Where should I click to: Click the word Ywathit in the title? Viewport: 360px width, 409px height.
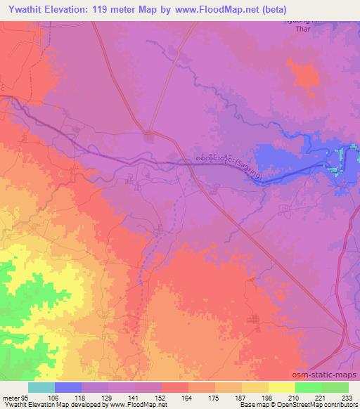25,10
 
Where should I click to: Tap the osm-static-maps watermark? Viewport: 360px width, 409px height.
329,375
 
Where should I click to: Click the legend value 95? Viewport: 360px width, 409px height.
26,397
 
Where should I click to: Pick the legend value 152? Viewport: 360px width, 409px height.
160,397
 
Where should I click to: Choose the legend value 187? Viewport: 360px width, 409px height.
240,397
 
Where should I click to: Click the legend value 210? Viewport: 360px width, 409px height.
294,397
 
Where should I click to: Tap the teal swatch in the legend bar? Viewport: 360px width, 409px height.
41,387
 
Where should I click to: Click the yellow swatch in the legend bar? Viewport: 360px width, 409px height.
282,387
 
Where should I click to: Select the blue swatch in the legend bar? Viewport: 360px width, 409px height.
68,387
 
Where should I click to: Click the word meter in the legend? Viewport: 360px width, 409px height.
10,397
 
